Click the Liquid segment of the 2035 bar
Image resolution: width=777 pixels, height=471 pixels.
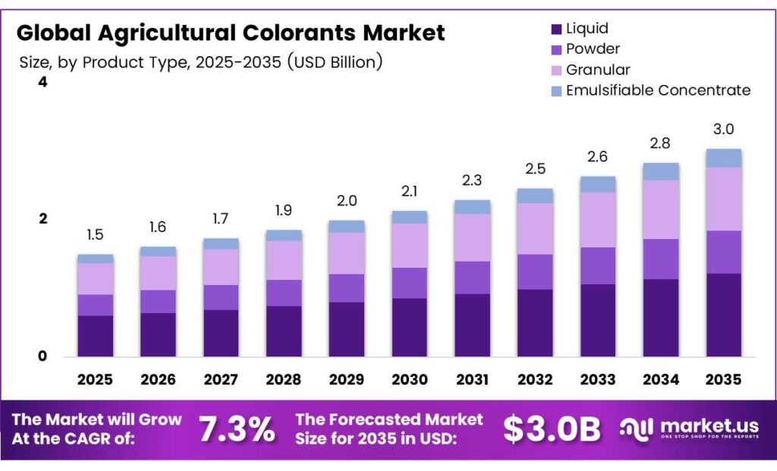click(723, 315)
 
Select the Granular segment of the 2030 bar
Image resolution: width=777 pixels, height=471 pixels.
click(409, 245)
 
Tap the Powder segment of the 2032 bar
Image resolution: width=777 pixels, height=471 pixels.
click(535, 272)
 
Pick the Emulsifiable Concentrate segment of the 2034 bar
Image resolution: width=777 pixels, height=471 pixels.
click(660, 171)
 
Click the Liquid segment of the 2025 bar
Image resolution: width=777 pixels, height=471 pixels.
click(95, 336)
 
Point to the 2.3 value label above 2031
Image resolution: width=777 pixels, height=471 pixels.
click(472, 181)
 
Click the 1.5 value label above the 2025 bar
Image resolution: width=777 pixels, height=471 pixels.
click(95, 235)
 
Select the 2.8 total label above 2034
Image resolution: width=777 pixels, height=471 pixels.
click(660, 143)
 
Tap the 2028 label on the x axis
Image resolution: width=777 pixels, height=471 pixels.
click(283, 378)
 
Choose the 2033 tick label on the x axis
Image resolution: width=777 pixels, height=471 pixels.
click(597, 378)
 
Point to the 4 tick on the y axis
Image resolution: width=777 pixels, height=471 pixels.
click(42, 82)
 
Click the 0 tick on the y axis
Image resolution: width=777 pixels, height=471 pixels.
click(42, 356)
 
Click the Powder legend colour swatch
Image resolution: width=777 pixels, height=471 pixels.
click(556, 49)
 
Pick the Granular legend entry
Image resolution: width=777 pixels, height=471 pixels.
click(599, 70)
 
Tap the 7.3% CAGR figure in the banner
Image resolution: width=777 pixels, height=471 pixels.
click(237, 429)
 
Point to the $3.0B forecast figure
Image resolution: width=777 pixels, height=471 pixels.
click(552, 429)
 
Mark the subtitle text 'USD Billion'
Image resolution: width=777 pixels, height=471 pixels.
click(333, 62)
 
